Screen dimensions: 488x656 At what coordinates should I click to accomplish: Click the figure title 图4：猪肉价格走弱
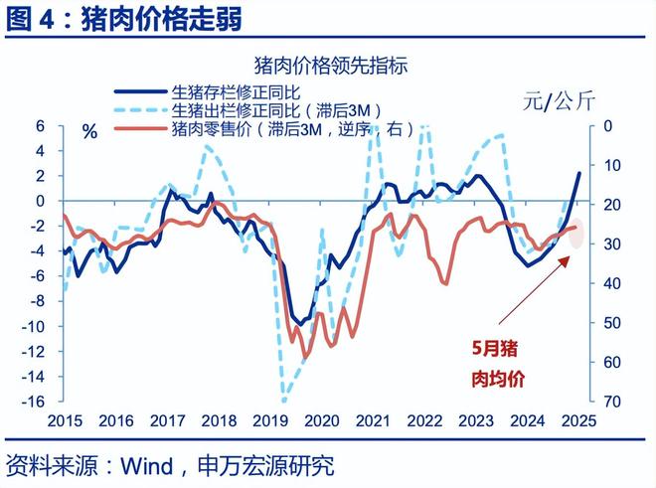pyautogui.click(x=124, y=18)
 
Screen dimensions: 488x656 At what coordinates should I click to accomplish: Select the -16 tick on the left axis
pyautogui.click(x=36, y=402)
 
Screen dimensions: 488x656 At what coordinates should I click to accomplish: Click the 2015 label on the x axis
pyautogui.click(x=66, y=420)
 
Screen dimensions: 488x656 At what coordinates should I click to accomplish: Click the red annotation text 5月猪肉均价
pyautogui.click(x=496, y=364)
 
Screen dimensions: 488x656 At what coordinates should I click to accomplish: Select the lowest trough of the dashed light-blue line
pyautogui.click(x=284, y=401)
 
